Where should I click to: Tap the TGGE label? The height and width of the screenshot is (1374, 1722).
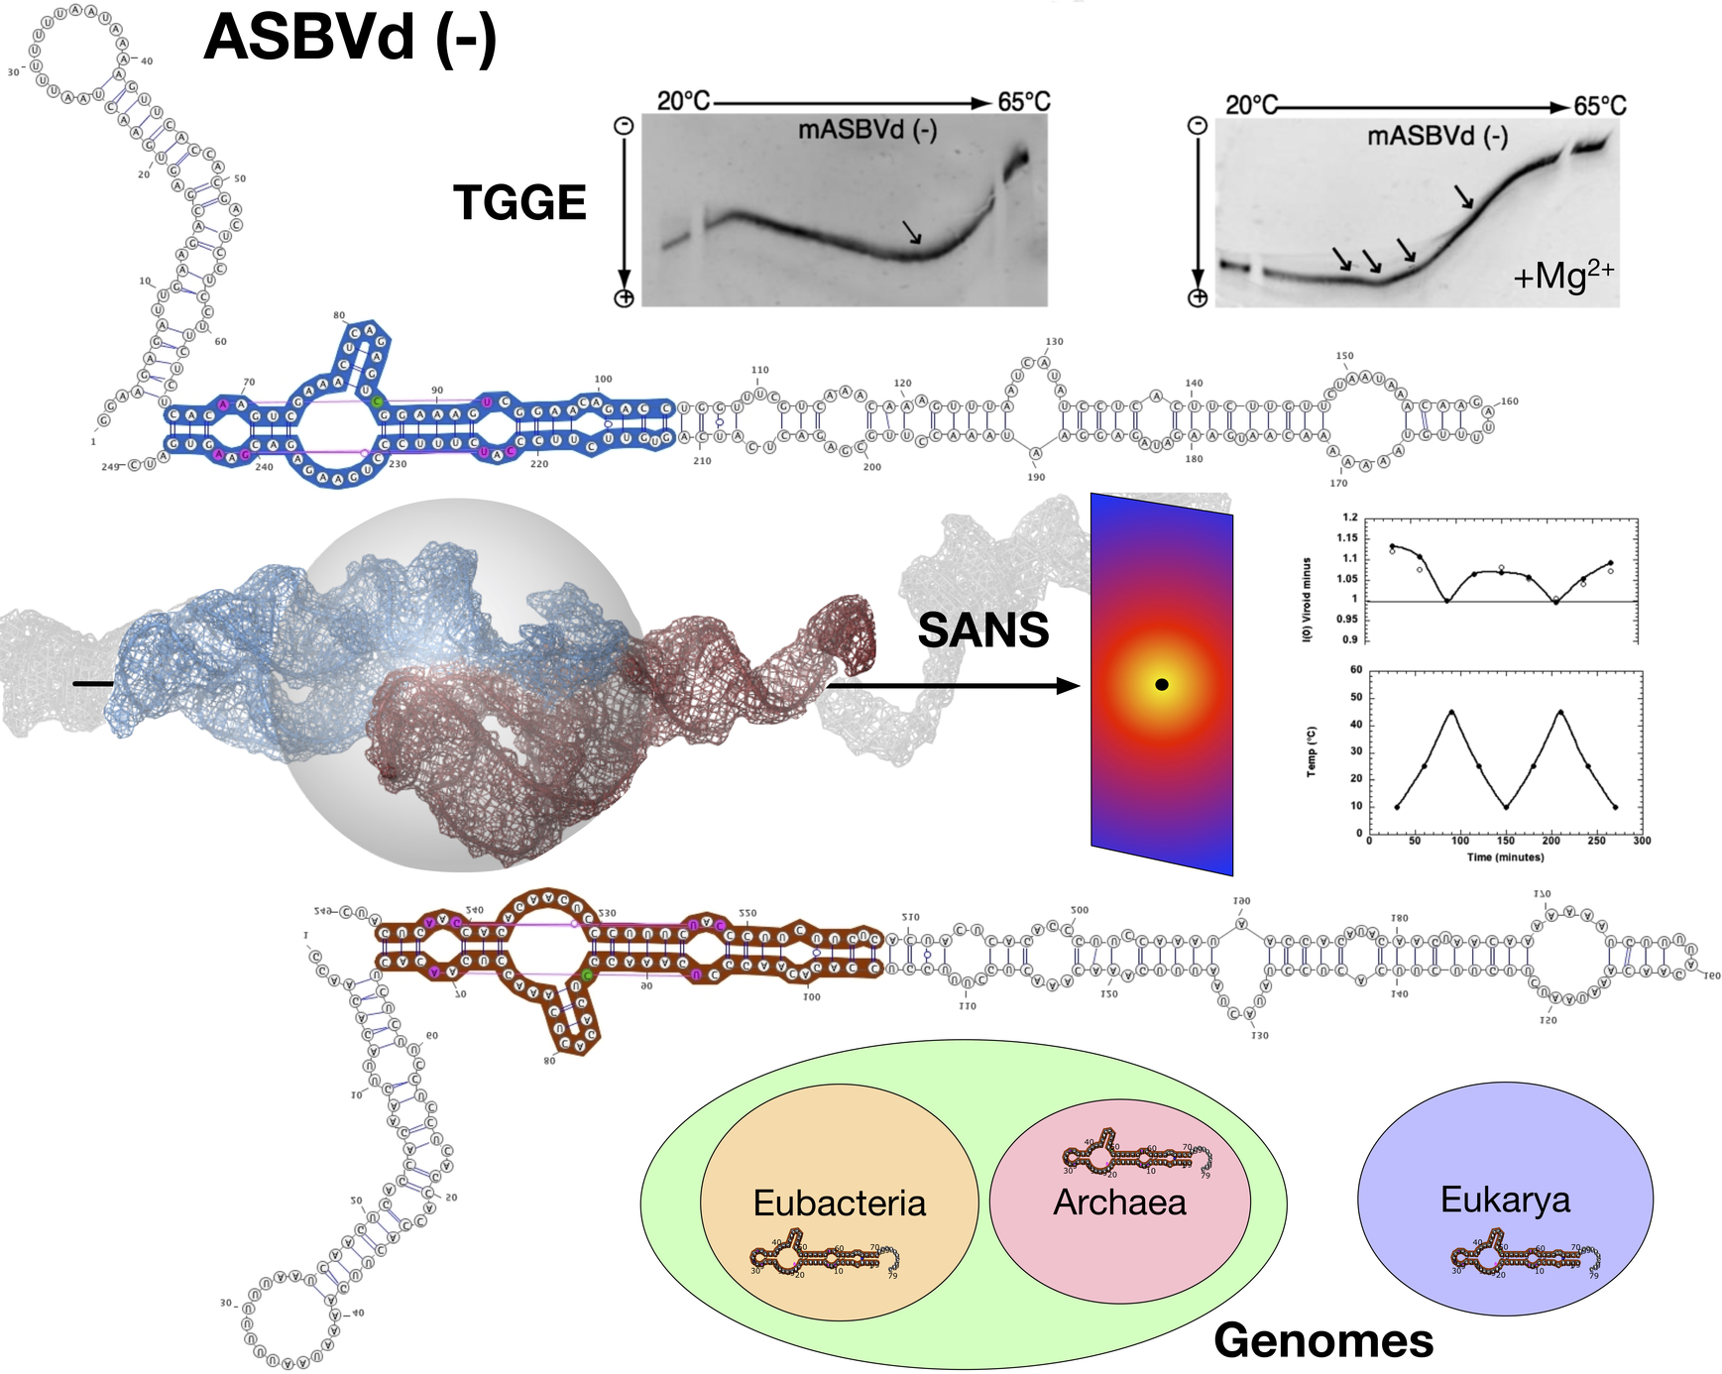tap(519, 202)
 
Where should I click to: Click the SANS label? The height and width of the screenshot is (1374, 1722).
tap(982, 630)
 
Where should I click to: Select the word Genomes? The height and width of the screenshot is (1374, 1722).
tap(1322, 1340)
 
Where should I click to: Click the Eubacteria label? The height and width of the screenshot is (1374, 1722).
tap(839, 1202)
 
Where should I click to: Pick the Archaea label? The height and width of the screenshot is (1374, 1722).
tap(1119, 1202)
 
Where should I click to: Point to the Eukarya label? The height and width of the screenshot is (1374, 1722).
tap(1505, 1200)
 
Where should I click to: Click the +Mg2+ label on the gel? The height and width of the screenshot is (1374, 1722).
tap(1563, 275)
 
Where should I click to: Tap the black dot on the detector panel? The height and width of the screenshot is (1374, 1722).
tap(1162, 684)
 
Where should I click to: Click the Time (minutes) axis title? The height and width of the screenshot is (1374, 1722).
tap(1505, 857)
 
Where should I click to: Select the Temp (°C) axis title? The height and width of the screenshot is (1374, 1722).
tap(1312, 751)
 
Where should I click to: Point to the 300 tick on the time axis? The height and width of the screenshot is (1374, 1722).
tap(1642, 841)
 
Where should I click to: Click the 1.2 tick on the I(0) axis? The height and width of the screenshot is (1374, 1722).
tap(1349, 517)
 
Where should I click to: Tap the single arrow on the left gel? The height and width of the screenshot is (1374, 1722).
tap(912, 232)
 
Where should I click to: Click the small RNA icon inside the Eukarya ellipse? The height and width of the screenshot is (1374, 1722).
tap(1523, 1257)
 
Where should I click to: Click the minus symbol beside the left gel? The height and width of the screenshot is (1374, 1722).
tap(624, 126)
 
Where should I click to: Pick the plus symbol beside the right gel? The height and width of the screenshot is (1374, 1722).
tap(1198, 297)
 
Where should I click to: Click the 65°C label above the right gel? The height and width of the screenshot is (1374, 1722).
tap(1599, 106)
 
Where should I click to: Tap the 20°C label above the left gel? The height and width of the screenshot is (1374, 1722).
tap(683, 101)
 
